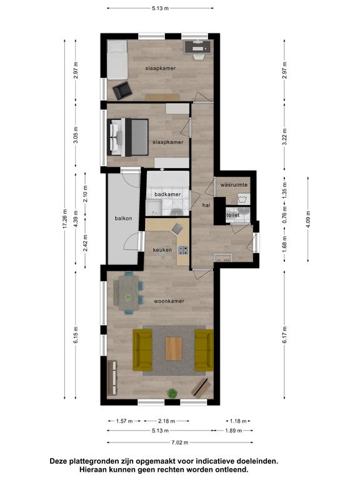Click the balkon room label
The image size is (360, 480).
click(123, 218)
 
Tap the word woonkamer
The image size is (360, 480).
click(169, 301)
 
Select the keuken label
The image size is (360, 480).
click(162, 250)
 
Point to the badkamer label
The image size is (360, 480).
click(167, 194)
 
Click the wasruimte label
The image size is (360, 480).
click(234, 185)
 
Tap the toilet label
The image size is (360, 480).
click(233, 215)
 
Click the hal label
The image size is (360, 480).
click(206, 206)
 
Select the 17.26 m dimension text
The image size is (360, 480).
click(64, 219)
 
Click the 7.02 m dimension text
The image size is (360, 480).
click(180, 442)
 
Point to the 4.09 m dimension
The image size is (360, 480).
click(308, 219)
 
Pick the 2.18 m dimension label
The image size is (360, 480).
click(166, 421)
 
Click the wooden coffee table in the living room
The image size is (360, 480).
click(174, 348)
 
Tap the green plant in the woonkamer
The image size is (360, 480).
click(172, 393)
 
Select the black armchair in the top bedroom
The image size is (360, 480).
click(122, 90)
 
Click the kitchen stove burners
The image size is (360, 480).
click(184, 250)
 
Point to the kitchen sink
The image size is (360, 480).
click(177, 228)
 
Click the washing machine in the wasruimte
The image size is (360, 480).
click(244, 199)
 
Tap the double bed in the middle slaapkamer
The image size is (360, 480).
click(128, 137)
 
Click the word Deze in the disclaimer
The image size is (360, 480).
click(58, 461)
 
